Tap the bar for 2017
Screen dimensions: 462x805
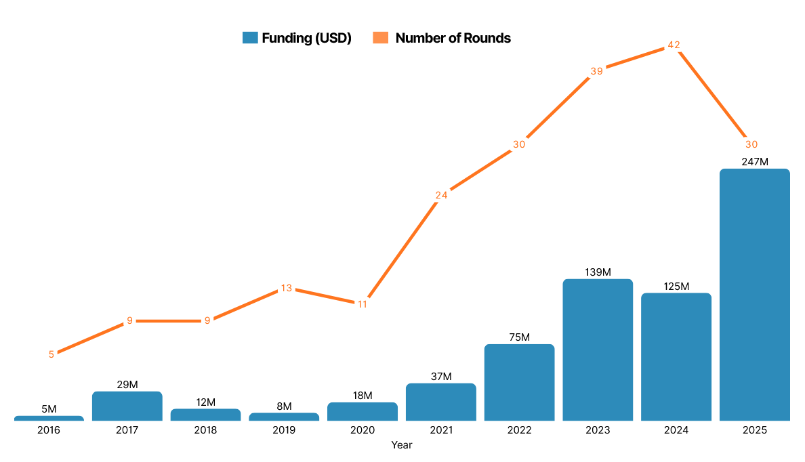point(127,406)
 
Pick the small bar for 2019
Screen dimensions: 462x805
point(284,417)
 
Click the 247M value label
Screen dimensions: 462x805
point(754,162)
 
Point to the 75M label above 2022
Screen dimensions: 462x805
point(519,337)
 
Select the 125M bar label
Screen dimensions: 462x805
point(676,287)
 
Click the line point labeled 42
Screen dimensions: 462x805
point(674,45)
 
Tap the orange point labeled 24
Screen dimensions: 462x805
point(441,195)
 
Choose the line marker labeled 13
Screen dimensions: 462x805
point(286,288)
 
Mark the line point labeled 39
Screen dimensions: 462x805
point(596,71)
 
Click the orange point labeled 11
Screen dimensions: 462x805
point(363,304)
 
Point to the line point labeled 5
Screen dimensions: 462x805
point(51,354)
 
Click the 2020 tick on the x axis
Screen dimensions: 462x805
point(363,430)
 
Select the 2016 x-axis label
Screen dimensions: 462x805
point(49,430)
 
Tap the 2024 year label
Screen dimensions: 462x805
point(676,430)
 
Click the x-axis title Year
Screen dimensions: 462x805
point(402,445)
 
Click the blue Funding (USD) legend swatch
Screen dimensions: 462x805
point(250,38)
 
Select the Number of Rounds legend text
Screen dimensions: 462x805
point(453,38)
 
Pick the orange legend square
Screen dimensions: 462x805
point(380,38)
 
